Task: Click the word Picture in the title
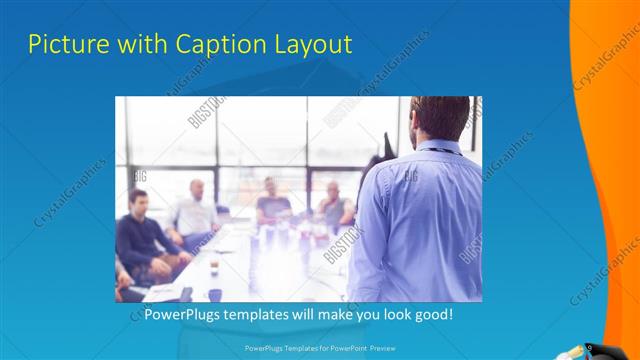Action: point(62,44)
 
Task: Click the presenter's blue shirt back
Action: point(420,220)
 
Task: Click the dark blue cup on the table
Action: point(214,295)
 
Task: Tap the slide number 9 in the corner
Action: point(590,347)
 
